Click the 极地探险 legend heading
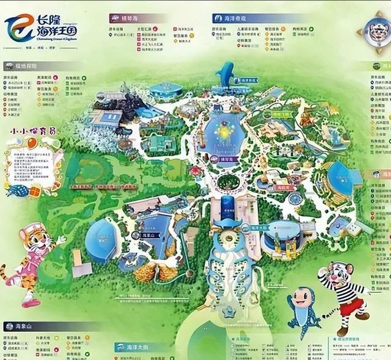(24, 65)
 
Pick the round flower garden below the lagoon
(228, 181)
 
